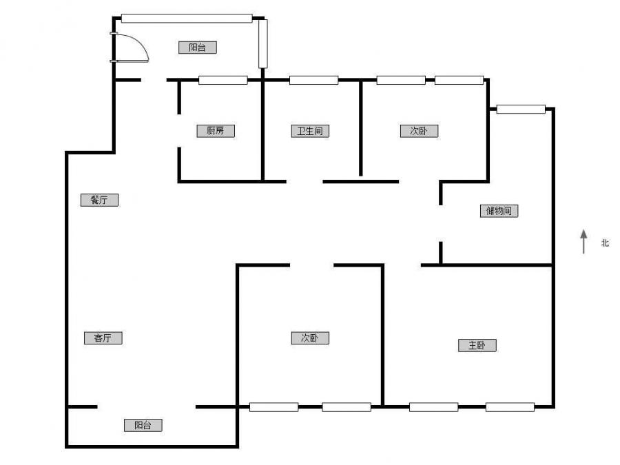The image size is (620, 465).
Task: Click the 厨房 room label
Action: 215,131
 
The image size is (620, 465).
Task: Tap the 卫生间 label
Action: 310,131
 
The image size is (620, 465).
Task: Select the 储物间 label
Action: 499,211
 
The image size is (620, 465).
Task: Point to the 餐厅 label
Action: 99,200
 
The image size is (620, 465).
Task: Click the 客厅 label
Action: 103,338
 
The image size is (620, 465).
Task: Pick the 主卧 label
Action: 477,345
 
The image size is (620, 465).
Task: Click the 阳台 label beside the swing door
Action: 197,48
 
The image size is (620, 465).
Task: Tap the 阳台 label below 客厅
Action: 143,425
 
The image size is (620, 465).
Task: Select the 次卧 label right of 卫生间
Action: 419,131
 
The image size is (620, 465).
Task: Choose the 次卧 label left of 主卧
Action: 310,338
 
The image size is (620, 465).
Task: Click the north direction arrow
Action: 583,241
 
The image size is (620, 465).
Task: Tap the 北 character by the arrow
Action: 605,242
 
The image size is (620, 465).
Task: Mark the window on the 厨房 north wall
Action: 223,80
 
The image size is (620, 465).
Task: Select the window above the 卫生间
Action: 313,80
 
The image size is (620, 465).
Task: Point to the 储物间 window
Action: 521,109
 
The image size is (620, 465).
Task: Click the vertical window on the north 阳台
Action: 262,43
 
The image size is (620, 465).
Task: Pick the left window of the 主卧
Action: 433,407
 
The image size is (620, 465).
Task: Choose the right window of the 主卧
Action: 510,407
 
